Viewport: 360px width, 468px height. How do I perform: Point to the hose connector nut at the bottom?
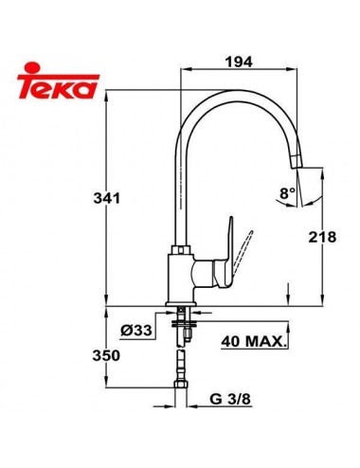point(180,390)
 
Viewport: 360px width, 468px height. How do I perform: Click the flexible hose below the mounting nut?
point(180,365)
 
